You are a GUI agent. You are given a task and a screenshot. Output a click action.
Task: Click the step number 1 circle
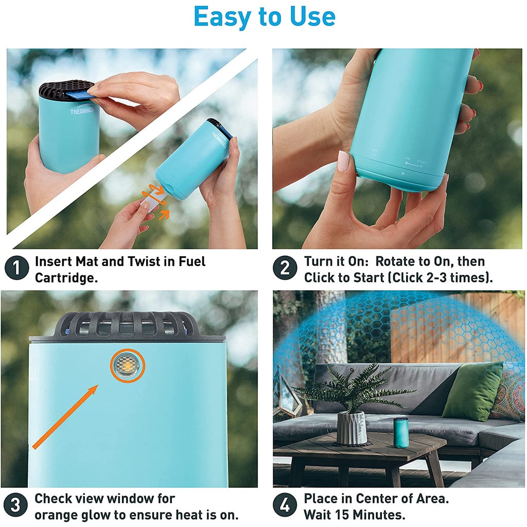(17, 269)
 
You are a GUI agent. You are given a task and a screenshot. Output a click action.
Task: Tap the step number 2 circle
(285, 269)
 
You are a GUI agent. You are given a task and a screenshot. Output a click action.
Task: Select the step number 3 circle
(16, 505)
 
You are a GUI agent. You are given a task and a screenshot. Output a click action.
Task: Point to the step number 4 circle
(285, 505)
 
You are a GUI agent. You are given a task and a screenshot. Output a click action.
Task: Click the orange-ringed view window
(128, 366)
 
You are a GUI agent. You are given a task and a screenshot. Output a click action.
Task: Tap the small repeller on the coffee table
(401, 432)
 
